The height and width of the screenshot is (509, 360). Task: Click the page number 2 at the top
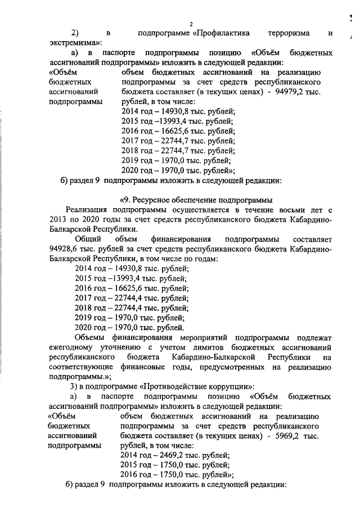[191, 24]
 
